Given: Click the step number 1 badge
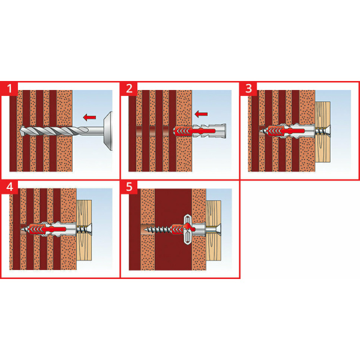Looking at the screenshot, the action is (9, 89).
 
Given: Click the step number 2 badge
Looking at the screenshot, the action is (129, 89).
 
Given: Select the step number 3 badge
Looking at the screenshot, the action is (248, 89).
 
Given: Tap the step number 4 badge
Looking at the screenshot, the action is (9, 187).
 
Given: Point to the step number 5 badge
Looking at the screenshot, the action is (129, 187).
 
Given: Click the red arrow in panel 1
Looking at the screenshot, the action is (89, 118).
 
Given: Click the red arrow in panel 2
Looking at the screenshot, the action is (201, 113).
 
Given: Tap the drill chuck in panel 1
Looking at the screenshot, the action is (108, 131).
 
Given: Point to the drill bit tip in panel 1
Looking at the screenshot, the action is (22, 131).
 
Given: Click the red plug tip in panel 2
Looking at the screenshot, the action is (176, 131).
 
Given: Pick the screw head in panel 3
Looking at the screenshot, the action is (327, 131).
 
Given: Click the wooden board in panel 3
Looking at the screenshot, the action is (323, 132).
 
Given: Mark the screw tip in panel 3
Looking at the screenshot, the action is (261, 131).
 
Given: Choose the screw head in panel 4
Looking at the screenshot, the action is (89, 229).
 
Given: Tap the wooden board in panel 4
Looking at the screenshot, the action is (84, 230).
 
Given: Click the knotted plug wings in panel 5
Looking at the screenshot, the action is (188, 229).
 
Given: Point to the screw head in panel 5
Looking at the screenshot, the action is (218, 229).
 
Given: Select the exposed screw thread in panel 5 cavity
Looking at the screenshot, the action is (160, 229).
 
